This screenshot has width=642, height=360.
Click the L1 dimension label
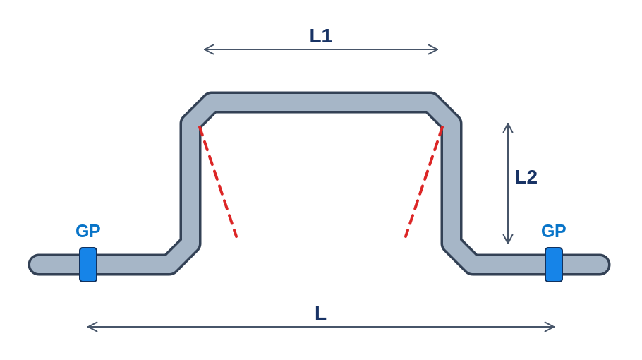320,36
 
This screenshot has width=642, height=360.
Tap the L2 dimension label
526,177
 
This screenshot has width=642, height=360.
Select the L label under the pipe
320,313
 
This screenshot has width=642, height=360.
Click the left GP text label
88,231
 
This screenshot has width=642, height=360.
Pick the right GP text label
554,231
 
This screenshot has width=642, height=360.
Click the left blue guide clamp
88,265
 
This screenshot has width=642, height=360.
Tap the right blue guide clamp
554,265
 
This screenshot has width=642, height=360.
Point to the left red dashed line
218,182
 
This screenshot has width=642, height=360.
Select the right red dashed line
424,182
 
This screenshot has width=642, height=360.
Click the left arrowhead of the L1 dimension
205,49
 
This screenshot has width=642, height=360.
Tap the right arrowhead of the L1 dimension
438,49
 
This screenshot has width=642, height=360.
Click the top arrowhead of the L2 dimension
508,124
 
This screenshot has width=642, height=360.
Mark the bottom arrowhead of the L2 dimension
508,244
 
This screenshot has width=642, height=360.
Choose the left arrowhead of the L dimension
88,327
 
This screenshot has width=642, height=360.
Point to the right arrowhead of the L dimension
555,327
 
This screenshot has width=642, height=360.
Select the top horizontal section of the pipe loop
321,102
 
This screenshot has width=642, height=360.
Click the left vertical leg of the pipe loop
190,182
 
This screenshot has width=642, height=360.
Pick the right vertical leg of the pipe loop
452,182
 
